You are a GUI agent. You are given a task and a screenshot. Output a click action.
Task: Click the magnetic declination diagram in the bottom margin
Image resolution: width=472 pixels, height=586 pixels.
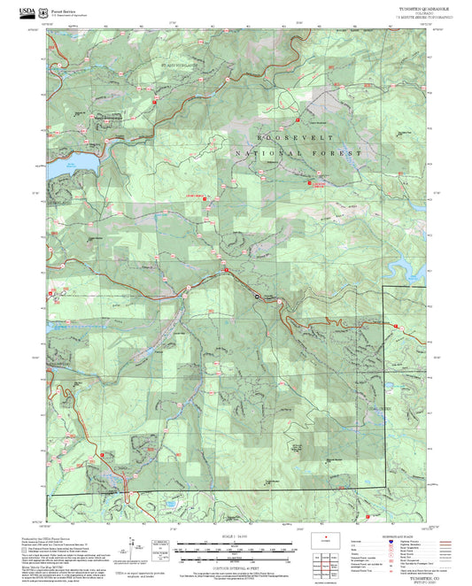tap(134, 549)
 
